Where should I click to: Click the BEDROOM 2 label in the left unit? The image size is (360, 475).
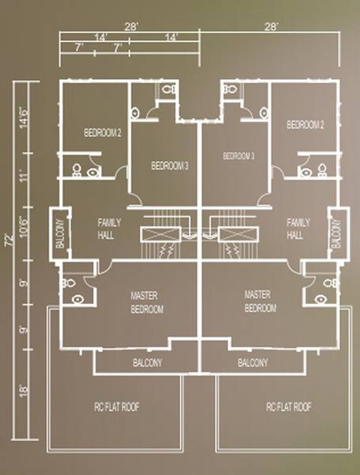[x=103, y=133]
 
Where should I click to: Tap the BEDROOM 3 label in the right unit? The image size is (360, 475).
[x=239, y=156]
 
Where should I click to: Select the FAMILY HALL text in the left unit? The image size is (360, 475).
[x=109, y=229]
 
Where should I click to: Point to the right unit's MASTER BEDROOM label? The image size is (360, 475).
[x=260, y=301]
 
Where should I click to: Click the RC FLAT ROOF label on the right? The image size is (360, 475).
[x=289, y=407]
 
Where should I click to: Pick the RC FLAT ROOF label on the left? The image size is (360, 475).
[x=117, y=407]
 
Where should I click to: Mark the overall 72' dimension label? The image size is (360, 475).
[x=10, y=240]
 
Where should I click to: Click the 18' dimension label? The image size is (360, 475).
[x=25, y=390]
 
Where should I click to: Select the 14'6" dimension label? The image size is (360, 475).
[x=25, y=118]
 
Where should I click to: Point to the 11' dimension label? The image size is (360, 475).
[x=25, y=176]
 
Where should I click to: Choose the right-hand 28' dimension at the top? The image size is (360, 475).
[x=271, y=27]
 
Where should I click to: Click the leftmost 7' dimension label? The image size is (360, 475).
[x=79, y=47]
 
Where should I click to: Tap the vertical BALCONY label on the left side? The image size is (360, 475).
[x=60, y=234]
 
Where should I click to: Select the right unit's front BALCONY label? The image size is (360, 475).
[x=252, y=363]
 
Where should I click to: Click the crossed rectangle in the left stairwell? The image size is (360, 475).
[x=161, y=234]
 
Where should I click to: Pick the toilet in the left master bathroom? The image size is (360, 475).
[x=69, y=283]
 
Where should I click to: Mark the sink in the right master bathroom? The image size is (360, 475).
[x=320, y=299]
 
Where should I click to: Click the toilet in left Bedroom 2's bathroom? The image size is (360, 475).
[x=77, y=170]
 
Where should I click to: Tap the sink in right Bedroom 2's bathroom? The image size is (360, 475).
[x=306, y=173]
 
